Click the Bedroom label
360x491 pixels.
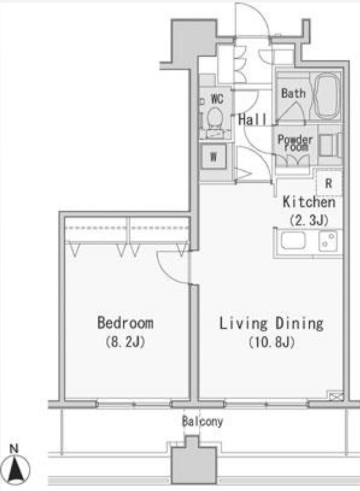click(126, 323)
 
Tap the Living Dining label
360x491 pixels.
click(271, 323)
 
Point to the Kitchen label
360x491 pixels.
click(309, 202)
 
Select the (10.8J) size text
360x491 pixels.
click(272, 342)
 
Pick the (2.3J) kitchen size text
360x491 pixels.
click(309, 220)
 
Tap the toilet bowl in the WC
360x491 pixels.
click(215, 116)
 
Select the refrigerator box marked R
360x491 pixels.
click(328, 183)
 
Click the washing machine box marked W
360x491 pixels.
click(213, 156)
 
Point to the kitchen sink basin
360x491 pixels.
click(293, 241)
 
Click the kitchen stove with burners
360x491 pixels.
click(328, 241)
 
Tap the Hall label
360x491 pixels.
click(253, 120)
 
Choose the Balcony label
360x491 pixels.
click(202, 422)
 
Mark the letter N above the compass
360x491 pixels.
click(14, 449)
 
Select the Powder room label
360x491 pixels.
click(295, 143)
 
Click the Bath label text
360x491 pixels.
click(293, 93)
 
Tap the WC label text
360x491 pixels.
click(217, 99)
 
